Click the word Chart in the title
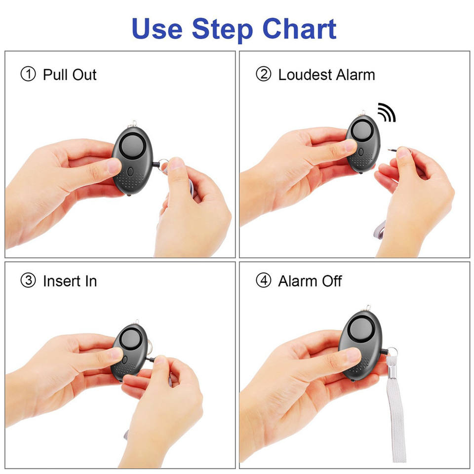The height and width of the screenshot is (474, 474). point(299,29)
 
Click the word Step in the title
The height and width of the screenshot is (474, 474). point(222,30)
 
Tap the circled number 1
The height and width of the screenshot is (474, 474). point(28,74)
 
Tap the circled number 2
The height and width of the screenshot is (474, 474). point(264,74)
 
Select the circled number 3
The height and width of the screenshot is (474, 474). point(28,280)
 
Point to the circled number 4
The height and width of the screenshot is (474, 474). point(264,280)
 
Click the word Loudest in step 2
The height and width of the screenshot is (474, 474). point(305,75)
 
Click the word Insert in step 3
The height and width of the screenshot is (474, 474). point(62,281)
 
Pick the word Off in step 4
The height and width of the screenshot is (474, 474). point(332,281)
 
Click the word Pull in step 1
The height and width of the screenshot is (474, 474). point(55,75)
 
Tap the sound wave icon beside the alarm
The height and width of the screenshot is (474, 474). point(387,113)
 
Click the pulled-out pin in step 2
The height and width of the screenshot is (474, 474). point(393,149)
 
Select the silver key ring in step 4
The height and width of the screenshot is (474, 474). point(392,352)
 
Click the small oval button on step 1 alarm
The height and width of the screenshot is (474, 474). point(130,172)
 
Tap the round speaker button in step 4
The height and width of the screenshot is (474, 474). point(360,329)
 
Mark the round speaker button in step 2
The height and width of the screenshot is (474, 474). point(362,131)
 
